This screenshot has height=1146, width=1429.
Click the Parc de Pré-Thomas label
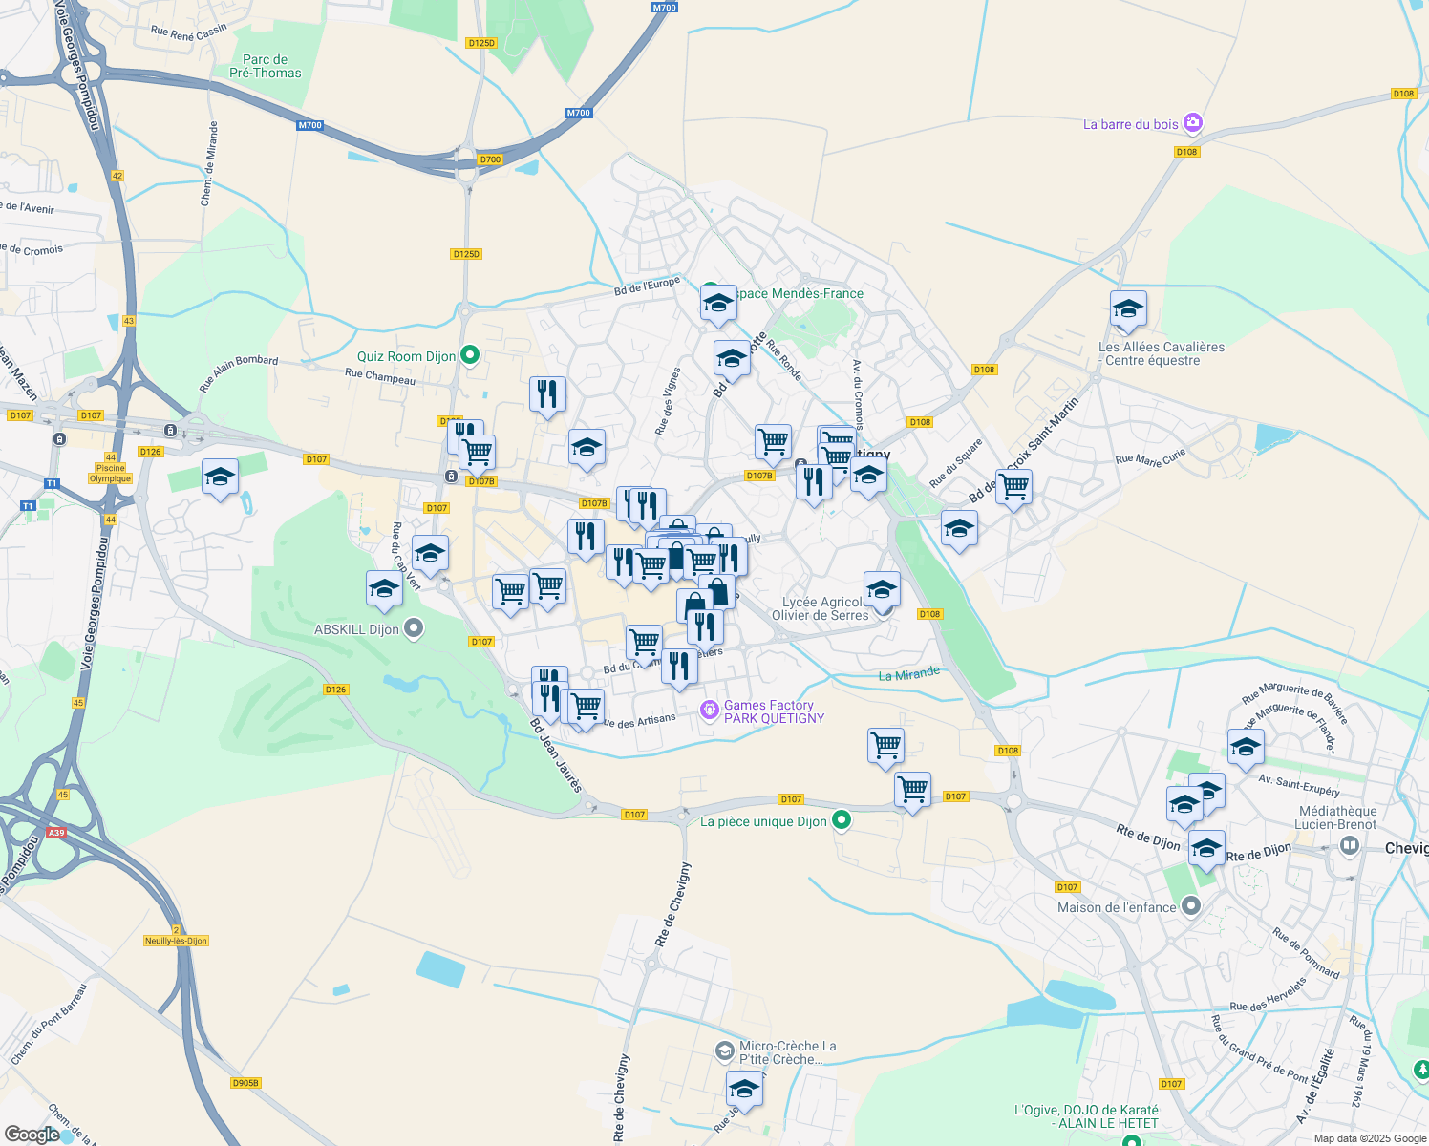pyautogui.click(x=265, y=66)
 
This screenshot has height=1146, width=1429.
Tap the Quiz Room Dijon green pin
pyautogui.click(x=469, y=356)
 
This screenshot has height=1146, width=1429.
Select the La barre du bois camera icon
pyautogui.click(x=1192, y=123)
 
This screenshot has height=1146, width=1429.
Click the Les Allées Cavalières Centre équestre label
pyautogui.click(x=1162, y=353)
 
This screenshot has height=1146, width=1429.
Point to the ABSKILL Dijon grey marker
pyautogui.click(x=414, y=628)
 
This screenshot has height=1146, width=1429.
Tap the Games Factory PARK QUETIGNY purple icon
pyautogui.click(x=709, y=710)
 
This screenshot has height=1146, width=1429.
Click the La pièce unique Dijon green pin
pyautogui.click(x=842, y=820)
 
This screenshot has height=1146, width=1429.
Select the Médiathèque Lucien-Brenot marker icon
pyautogui.click(x=1350, y=844)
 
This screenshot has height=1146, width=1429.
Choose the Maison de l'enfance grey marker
pyautogui.click(x=1190, y=905)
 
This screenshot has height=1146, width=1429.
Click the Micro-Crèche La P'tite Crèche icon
pyautogui.click(x=725, y=1050)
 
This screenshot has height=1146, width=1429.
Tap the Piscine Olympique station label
pyautogui.click(x=111, y=473)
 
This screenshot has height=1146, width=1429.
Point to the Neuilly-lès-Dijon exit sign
pyautogui.click(x=176, y=940)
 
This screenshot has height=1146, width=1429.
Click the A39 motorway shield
pyautogui.click(x=56, y=833)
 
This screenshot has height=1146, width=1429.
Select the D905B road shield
pyautogui.click(x=245, y=1082)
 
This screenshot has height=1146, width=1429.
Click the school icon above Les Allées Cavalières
pyautogui.click(x=1128, y=310)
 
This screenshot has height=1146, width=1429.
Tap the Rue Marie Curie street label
pyautogui.click(x=1150, y=459)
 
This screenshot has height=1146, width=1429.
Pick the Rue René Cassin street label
pyautogui.click(x=189, y=32)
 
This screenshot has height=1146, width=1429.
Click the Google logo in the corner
pyautogui.click(x=32, y=1135)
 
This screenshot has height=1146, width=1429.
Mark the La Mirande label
pyautogui.click(x=908, y=674)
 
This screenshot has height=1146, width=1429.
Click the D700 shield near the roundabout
pyautogui.click(x=490, y=159)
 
